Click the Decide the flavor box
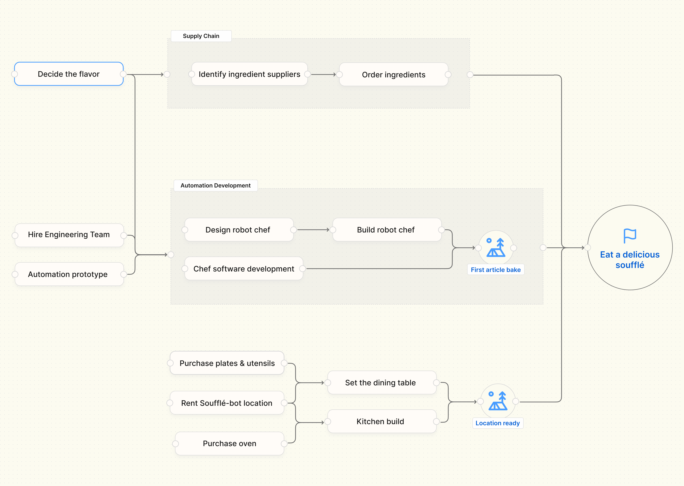(x=69, y=74)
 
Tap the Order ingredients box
(x=393, y=75)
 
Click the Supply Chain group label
(x=201, y=36)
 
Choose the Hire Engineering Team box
(x=69, y=235)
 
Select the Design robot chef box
(x=238, y=230)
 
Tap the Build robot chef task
(x=386, y=230)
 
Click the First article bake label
(x=496, y=270)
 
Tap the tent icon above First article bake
(x=496, y=247)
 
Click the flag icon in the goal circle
(x=630, y=236)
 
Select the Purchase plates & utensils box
(x=227, y=363)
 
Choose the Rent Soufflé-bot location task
(x=227, y=403)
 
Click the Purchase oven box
(x=229, y=443)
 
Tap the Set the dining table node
(x=380, y=383)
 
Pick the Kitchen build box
(x=380, y=421)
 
